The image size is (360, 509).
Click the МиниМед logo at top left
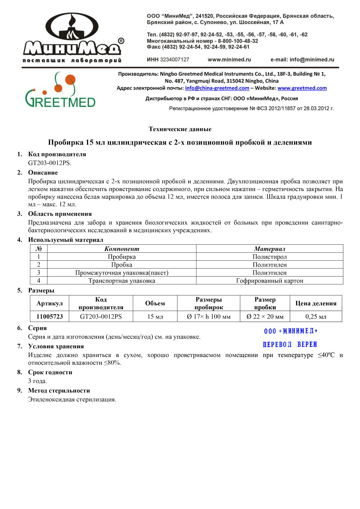point(72,37)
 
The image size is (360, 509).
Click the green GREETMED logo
point(60,90)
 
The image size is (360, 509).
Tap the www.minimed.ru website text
point(229,60)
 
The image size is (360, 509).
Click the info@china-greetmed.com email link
point(217,88)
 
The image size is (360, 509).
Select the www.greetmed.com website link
point(302,88)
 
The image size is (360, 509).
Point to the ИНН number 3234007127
point(174,60)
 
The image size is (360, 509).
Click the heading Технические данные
point(180,129)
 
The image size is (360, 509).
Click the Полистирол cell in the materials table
point(269,257)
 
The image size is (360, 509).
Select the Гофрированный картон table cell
point(269,281)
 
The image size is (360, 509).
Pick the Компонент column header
point(121,249)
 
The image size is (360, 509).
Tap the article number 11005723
point(49,316)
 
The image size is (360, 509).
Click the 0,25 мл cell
point(316,316)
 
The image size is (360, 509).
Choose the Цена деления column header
point(316,303)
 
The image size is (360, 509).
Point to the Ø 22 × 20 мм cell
point(265,316)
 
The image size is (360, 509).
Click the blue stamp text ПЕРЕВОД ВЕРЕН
point(290,344)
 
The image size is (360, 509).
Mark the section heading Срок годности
point(50,372)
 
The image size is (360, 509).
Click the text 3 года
point(37,381)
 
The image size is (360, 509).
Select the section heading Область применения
point(60,214)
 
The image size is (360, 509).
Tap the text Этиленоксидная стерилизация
point(72,400)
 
